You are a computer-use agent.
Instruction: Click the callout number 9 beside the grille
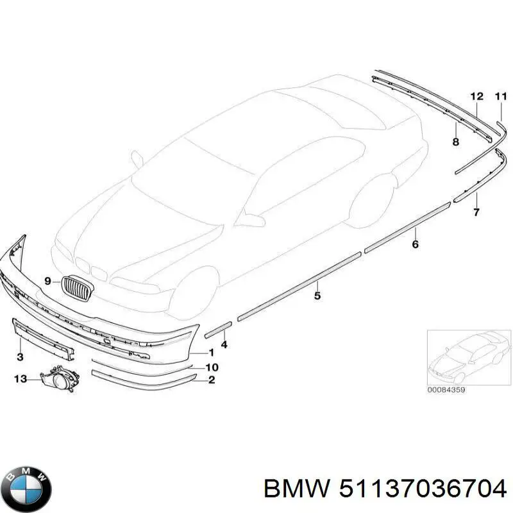tap(47, 280)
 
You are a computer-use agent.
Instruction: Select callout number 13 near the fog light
tap(21, 379)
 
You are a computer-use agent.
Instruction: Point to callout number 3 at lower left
tap(20, 357)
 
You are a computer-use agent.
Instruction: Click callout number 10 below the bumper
tap(212, 367)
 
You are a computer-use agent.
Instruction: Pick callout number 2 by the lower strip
tap(212, 381)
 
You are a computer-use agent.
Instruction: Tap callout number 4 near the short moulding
tap(224, 345)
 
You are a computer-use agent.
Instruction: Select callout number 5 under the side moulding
tap(317, 296)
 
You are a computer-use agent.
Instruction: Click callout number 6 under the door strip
tap(415, 244)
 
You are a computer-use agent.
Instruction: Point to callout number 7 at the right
tap(476, 212)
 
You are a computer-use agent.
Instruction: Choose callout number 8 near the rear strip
tap(455, 142)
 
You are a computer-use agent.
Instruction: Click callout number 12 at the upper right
tap(476, 97)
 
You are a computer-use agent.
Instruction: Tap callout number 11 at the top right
tap(501, 97)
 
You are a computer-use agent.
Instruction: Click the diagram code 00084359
tap(446, 389)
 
